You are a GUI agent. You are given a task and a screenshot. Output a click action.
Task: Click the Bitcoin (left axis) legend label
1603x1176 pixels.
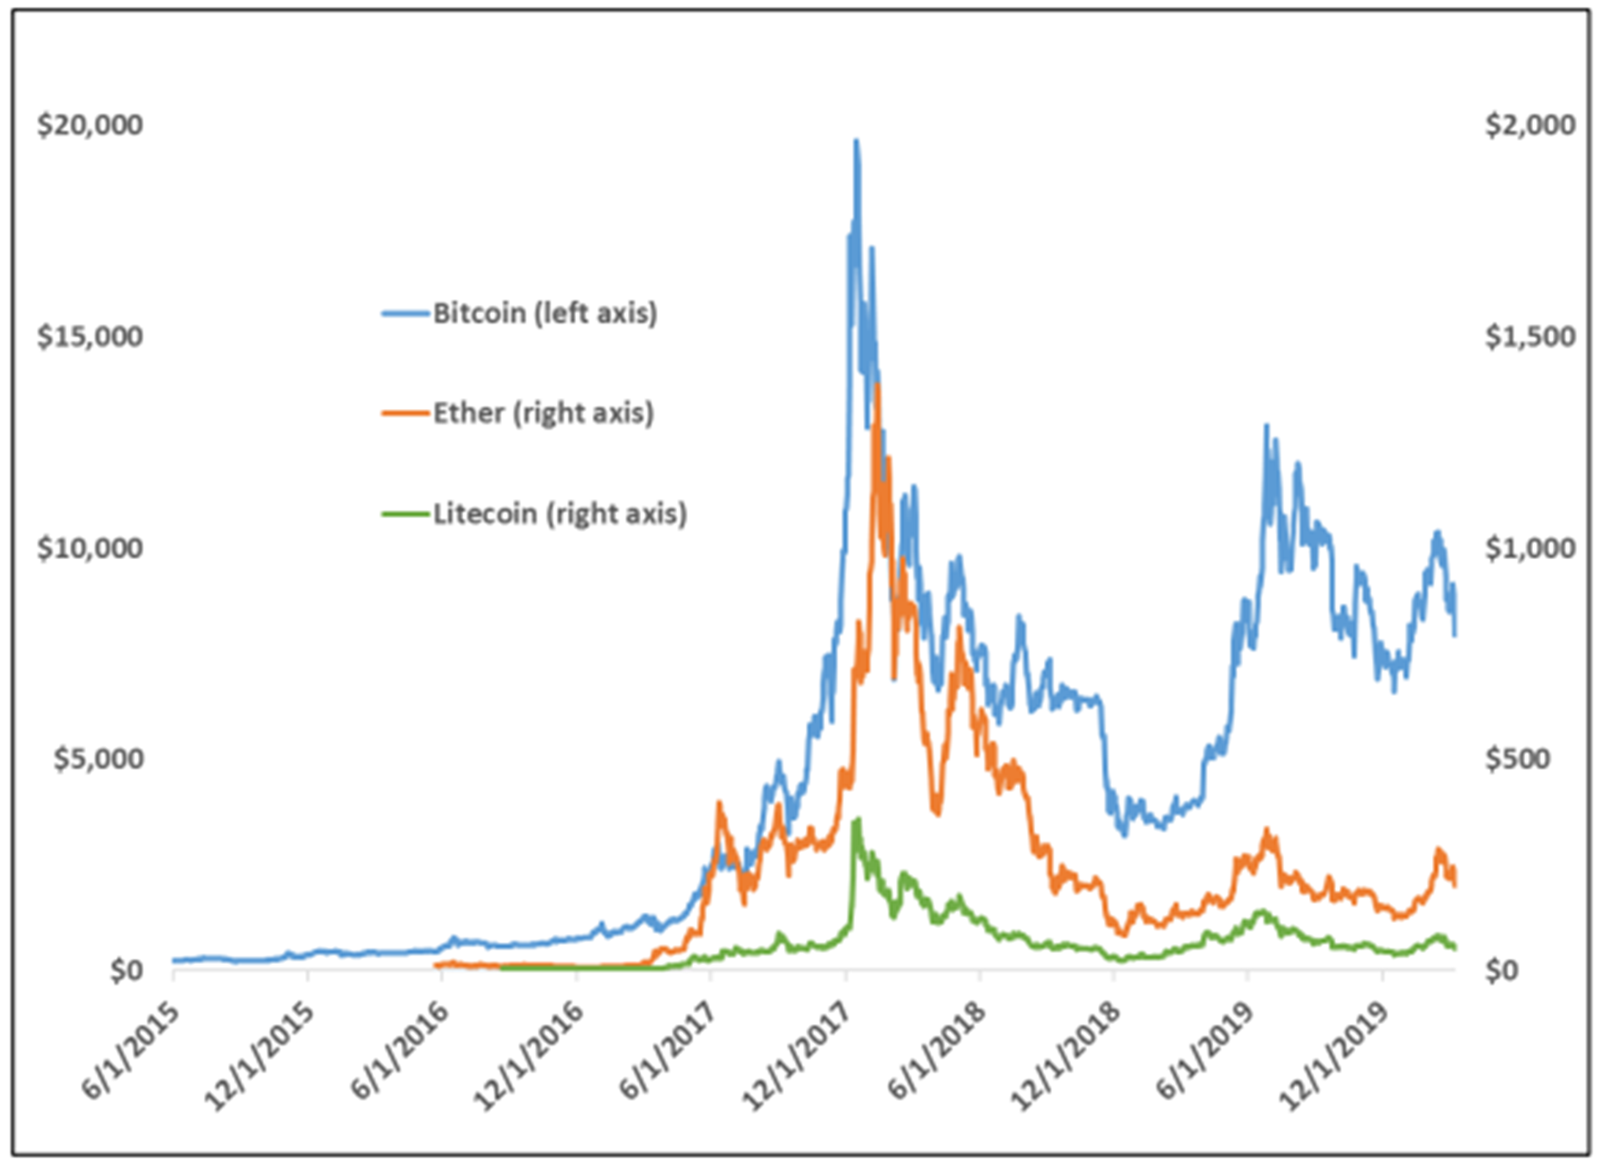click(x=544, y=313)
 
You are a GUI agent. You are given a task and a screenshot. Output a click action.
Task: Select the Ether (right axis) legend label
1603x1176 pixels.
click(x=543, y=413)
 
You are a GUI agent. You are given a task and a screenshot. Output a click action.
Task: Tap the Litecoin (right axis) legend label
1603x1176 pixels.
click(x=559, y=513)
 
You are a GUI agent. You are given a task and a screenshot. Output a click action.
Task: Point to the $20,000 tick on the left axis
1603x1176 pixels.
click(x=90, y=125)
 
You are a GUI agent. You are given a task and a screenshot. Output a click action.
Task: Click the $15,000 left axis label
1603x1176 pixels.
click(x=90, y=336)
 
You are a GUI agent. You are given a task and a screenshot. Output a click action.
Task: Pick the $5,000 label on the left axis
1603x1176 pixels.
click(x=99, y=759)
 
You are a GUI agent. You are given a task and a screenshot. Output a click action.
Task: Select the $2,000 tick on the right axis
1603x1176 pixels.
click(x=1530, y=125)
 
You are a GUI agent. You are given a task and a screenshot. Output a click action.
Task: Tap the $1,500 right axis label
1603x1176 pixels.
click(x=1530, y=336)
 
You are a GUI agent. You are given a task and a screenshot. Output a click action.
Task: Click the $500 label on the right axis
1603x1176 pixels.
click(x=1517, y=759)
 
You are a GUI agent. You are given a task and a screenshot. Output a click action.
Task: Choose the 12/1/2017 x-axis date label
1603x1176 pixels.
click(x=797, y=1057)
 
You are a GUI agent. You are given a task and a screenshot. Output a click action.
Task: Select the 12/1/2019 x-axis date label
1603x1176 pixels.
click(x=1334, y=1057)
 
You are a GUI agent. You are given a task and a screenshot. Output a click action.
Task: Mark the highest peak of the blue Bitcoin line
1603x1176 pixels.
click(x=856, y=141)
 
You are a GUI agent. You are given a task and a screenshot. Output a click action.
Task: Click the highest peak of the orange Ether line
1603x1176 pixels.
click(x=877, y=386)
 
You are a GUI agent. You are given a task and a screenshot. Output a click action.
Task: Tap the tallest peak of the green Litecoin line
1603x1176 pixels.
click(x=857, y=820)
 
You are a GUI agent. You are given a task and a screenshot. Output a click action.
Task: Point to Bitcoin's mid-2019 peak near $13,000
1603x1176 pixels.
click(x=1267, y=426)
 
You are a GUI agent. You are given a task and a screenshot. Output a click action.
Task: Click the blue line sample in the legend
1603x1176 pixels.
click(x=406, y=314)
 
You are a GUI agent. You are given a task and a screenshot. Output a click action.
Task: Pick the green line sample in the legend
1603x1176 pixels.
click(x=406, y=514)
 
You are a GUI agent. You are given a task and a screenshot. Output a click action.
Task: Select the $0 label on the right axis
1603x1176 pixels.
click(x=1501, y=971)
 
